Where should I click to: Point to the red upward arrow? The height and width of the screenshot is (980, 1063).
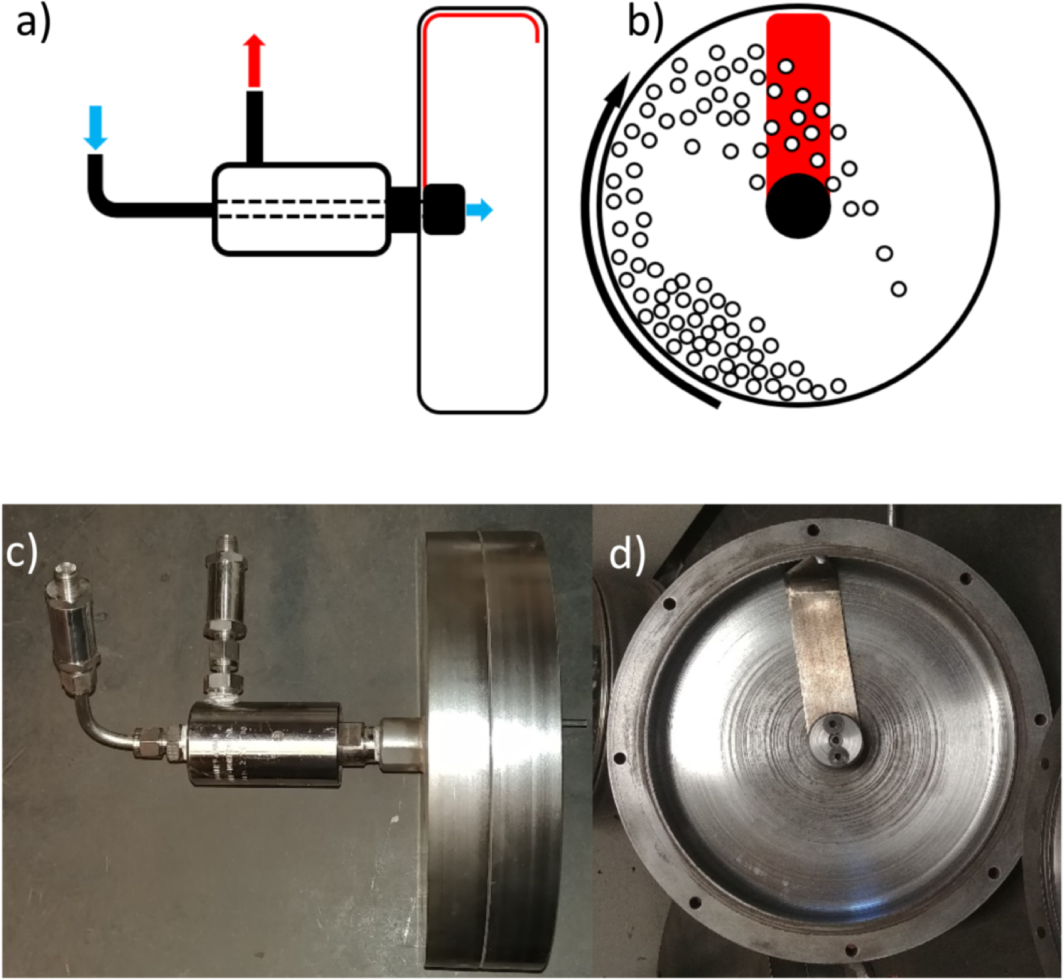(255, 61)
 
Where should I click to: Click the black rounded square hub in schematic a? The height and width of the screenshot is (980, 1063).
(443, 209)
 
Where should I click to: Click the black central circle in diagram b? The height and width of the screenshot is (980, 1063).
(798, 206)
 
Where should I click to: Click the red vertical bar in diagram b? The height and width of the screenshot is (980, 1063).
(798, 95)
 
